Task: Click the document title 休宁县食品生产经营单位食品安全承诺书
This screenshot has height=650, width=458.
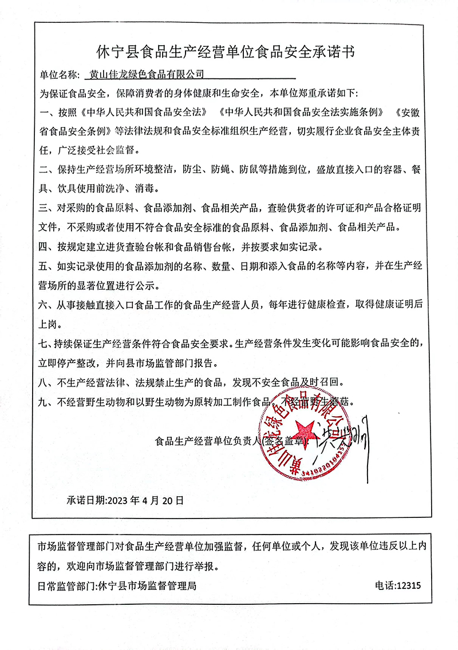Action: coord(228,53)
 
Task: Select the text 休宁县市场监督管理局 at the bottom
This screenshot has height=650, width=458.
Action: coord(148,585)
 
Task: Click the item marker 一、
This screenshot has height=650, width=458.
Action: coord(45,112)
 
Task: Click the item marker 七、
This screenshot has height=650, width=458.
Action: coord(45,344)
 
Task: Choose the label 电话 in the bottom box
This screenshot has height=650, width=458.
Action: coord(384,585)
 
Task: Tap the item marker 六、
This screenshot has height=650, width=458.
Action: coord(45,305)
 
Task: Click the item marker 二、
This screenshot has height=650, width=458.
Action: coord(45,170)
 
